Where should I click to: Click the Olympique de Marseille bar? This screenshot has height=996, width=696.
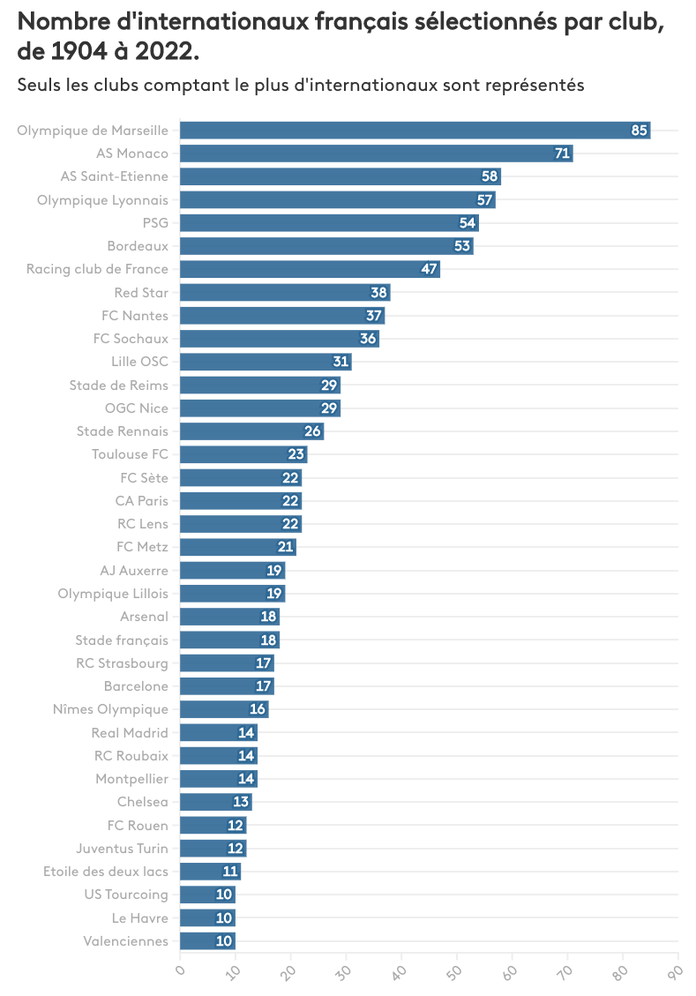(x=415, y=131)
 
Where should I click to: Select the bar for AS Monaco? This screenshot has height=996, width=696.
(x=376, y=154)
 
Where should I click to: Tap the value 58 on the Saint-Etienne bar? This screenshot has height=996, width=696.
(x=490, y=176)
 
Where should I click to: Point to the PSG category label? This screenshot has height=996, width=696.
(x=155, y=222)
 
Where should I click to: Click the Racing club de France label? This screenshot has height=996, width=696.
(x=97, y=269)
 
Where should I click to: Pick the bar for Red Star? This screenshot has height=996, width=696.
(x=285, y=292)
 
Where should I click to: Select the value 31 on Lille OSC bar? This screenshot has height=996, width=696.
(x=341, y=362)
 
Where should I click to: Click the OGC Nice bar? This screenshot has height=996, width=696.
(x=260, y=408)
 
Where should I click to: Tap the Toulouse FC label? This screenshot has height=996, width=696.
(x=130, y=454)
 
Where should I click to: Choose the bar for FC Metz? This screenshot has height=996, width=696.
(x=238, y=547)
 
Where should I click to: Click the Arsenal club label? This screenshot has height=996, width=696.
(x=144, y=617)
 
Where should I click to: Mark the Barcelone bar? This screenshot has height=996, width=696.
(x=227, y=685)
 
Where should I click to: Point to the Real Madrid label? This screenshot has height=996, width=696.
(x=130, y=732)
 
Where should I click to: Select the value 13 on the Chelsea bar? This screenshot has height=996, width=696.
(x=241, y=802)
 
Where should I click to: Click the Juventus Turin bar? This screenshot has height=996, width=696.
(x=213, y=848)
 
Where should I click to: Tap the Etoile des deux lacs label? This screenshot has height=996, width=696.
(x=106, y=872)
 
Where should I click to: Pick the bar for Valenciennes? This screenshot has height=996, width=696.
(x=207, y=940)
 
